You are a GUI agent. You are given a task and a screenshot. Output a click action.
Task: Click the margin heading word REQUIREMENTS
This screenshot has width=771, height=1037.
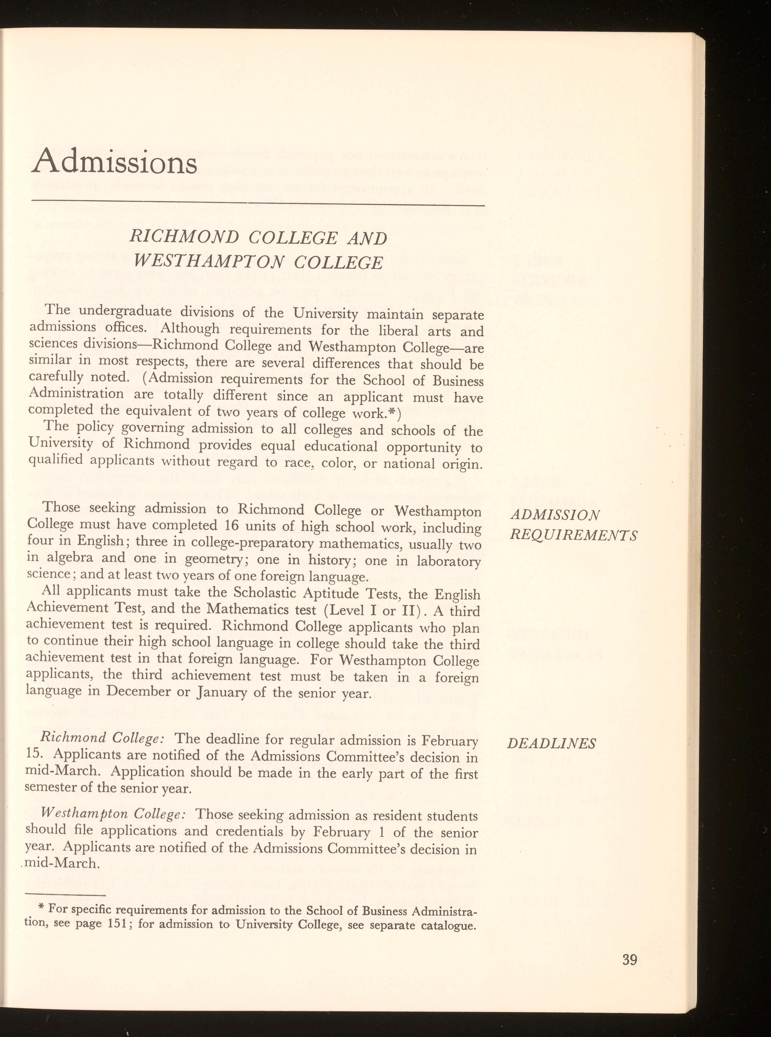click(x=574, y=535)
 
